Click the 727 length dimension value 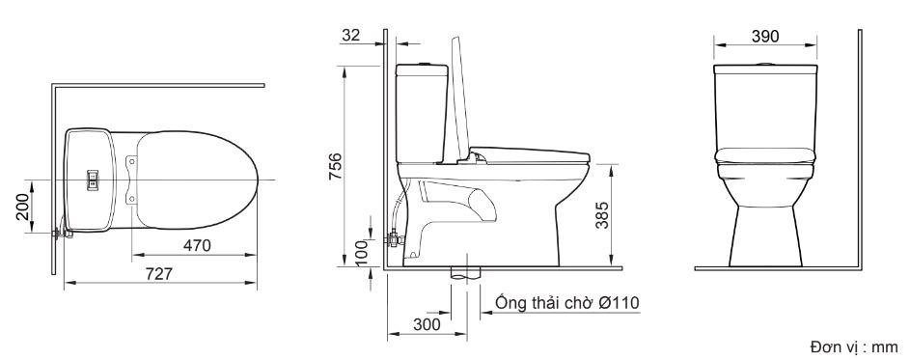(159, 273)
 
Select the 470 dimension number (197, 245)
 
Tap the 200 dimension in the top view (23, 207)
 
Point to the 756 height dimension (335, 166)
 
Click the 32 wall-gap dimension (351, 35)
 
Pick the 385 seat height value (602, 215)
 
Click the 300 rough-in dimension (427, 325)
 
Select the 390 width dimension (765, 36)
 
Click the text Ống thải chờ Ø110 (567, 303)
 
